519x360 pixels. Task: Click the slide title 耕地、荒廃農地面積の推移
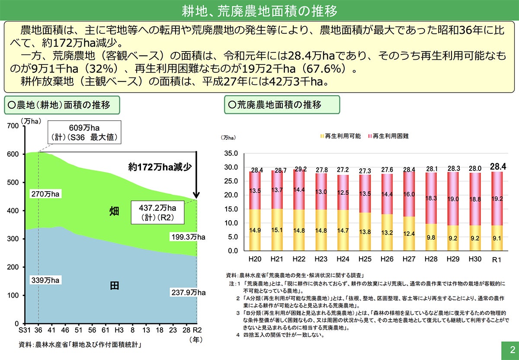[259, 10]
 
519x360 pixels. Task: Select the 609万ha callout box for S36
[84, 133]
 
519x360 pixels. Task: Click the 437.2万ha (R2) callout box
[157, 212]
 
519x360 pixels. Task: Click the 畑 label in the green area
[114, 211]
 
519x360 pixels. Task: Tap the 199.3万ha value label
[187, 237]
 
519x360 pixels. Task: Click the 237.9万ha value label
[187, 292]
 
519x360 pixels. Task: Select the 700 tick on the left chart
[13, 126]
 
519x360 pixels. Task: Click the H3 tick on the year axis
[119, 330]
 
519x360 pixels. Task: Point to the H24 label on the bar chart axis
[342, 258]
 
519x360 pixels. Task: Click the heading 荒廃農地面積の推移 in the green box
[282, 104]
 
